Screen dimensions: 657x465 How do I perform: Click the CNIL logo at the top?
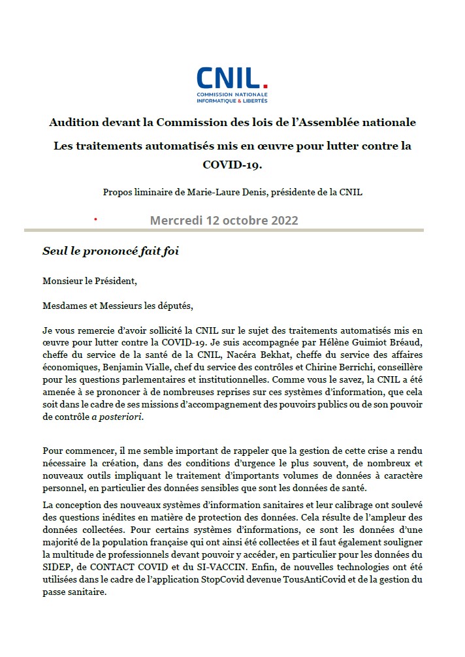click(x=232, y=84)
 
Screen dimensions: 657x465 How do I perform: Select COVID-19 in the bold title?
click(x=232, y=164)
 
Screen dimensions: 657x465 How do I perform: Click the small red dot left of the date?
click(x=95, y=219)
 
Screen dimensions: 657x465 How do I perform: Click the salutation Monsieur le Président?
click(x=90, y=281)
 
